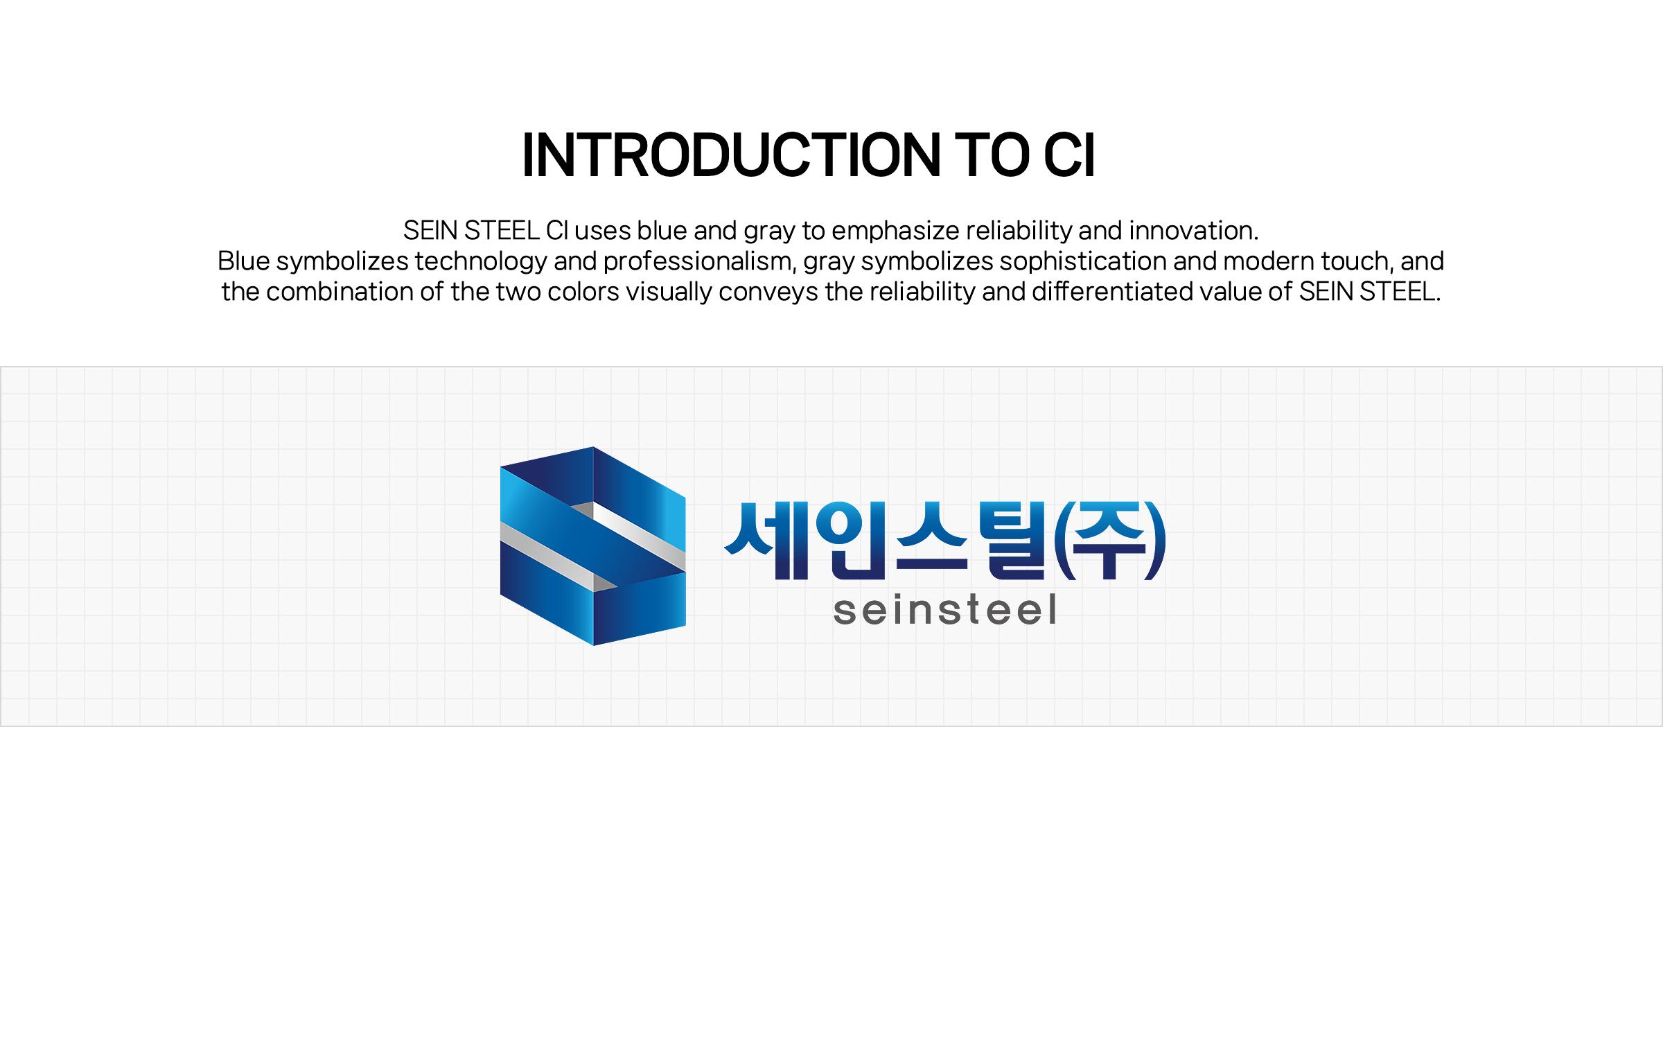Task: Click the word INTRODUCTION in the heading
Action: click(x=732, y=155)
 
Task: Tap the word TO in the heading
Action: click(x=993, y=155)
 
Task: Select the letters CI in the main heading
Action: click(x=1069, y=155)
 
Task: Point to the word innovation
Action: click(x=1194, y=231)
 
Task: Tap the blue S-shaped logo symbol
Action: click(x=593, y=546)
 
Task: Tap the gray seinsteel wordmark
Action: click(x=945, y=611)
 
